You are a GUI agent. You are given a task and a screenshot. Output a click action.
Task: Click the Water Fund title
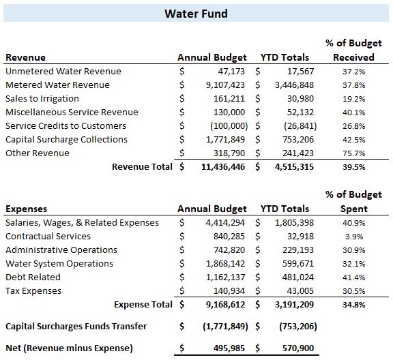coord(196,14)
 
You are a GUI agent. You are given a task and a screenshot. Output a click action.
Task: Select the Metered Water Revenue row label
coord(57,85)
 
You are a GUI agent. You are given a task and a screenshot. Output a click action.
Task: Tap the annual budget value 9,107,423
coord(225,85)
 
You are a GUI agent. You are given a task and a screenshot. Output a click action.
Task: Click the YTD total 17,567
coord(300,72)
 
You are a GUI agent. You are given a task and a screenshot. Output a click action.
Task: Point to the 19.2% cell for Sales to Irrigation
coord(354,99)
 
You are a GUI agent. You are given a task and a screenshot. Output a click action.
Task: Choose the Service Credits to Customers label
coord(65,125)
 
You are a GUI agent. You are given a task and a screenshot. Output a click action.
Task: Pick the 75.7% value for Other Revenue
coord(354,153)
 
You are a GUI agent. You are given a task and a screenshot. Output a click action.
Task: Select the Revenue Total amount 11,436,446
coord(223,167)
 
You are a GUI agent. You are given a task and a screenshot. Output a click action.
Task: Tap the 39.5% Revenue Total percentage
coord(354,167)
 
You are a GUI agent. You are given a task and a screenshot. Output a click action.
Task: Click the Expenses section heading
coord(27,209)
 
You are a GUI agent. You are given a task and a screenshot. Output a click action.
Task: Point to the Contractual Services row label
coord(48,236)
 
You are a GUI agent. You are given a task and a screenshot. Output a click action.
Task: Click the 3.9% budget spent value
coord(354,237)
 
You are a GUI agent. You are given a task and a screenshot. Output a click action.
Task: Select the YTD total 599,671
coord(298,264)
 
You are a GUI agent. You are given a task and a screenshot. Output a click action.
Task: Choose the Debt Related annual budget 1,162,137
coord(225,277)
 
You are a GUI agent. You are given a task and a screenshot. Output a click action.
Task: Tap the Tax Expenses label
coord(33,291)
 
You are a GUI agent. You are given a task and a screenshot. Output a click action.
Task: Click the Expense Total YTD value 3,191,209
coord(294,305)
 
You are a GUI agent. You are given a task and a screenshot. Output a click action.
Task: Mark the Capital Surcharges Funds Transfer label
coord(76,326)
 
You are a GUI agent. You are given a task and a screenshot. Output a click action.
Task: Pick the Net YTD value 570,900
coord(298,348)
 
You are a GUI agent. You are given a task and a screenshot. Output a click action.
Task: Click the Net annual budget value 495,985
coord(229,348)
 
